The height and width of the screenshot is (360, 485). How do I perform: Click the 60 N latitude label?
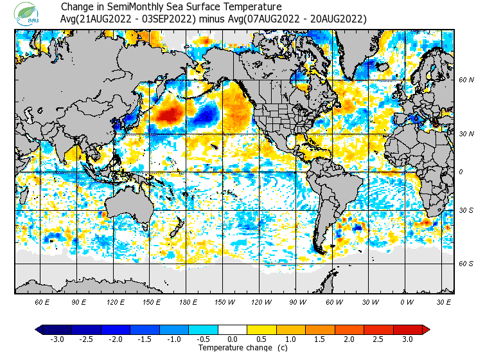[466, 80]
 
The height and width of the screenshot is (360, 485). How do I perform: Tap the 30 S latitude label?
[466, 210]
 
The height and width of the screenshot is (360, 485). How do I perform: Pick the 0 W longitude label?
[407, 301]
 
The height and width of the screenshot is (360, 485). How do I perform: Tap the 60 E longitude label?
[42, 301]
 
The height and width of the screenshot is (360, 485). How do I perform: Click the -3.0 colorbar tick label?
[57, 339]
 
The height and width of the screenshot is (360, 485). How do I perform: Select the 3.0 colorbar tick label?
[408, 339]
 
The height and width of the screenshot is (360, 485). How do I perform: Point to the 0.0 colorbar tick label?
[233, 339]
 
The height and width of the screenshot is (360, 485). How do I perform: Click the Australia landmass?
[128, 206]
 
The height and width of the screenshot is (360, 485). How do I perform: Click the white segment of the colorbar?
[233, 330]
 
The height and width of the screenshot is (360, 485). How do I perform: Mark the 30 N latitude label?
[466, 134]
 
